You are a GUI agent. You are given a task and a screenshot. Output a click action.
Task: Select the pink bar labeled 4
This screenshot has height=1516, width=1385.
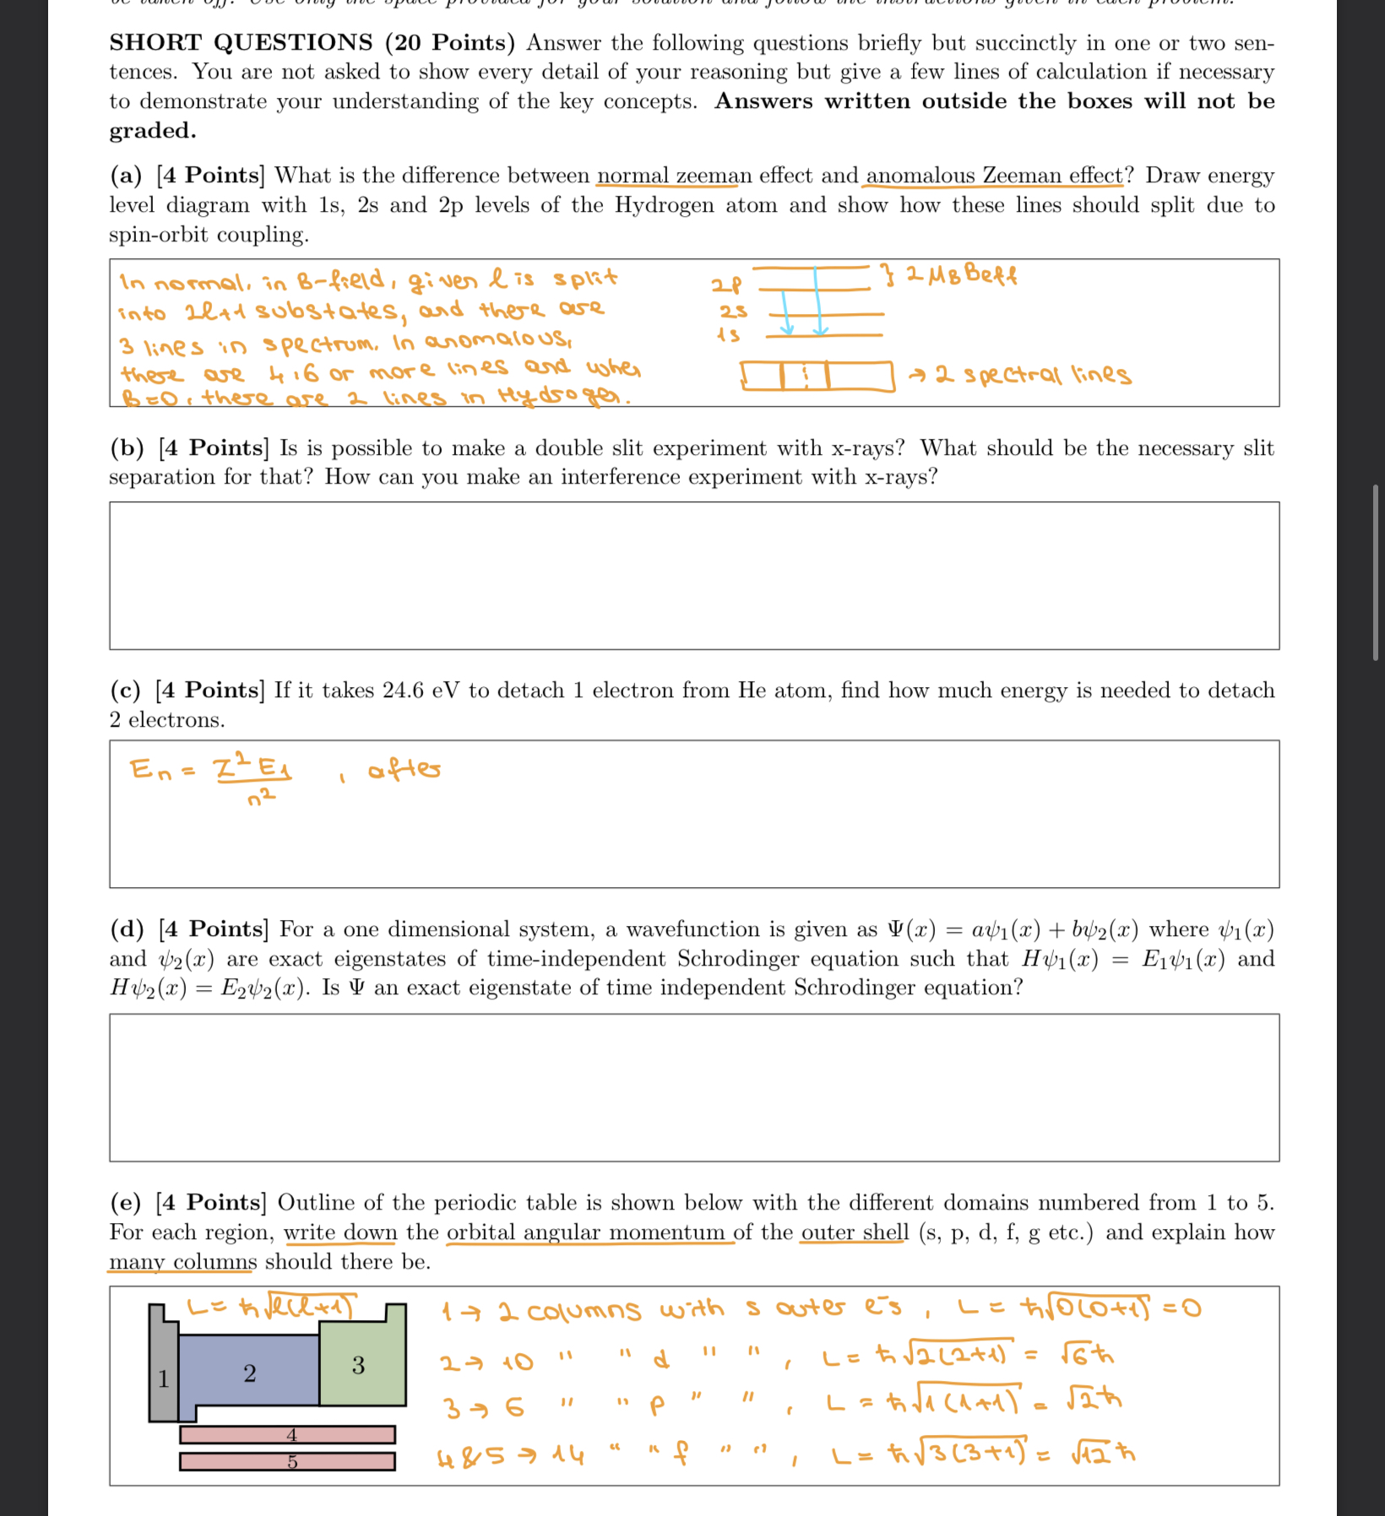tap(287, 1435)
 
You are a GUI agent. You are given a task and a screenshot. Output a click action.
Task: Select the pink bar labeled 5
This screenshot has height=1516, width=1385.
tap(287, 1462)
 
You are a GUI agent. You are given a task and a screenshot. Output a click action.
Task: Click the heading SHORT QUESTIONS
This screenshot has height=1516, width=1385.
tap(241, 42)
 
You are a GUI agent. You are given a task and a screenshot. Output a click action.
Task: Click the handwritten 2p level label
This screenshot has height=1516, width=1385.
tap(726, 285)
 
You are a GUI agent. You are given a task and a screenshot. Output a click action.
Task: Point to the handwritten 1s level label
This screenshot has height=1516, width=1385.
tap(728, 335)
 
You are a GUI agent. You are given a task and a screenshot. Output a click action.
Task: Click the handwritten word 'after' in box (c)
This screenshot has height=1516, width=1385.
tap(404, 770)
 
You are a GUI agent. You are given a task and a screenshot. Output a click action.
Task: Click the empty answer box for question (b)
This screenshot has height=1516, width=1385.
tap(693, 576)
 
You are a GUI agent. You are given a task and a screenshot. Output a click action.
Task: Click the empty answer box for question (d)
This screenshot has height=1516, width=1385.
tap(693, 1087)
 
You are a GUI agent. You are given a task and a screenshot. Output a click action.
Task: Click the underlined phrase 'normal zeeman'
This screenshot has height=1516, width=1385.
tap(673, 176)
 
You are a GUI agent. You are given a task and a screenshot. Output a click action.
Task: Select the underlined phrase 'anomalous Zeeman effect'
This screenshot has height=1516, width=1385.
tap(994, 176)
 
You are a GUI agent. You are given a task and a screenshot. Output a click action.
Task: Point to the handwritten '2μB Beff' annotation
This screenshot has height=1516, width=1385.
tap(959, 275)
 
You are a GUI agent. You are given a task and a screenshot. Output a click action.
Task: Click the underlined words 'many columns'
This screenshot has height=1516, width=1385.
tap(182, 1262)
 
